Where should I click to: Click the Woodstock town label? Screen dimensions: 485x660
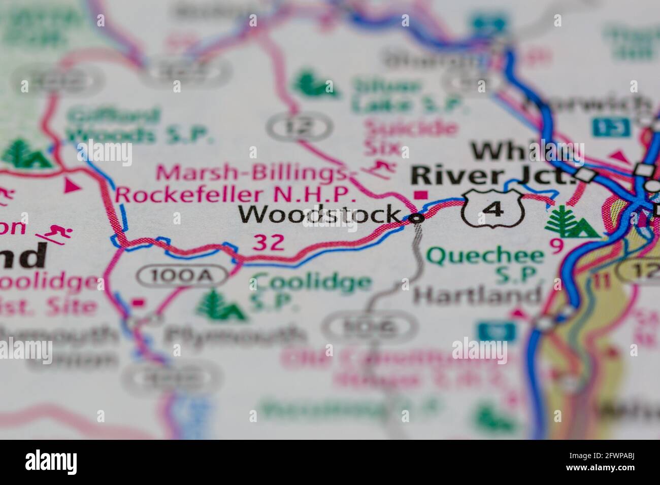tap(320, 215)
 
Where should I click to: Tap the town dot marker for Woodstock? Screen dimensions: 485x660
tap(417, 219)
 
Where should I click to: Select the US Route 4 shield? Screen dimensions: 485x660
tap(491, 208)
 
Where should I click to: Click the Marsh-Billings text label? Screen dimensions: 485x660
tap(255, 174)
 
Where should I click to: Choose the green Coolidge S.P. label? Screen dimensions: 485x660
tap(311, 290)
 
